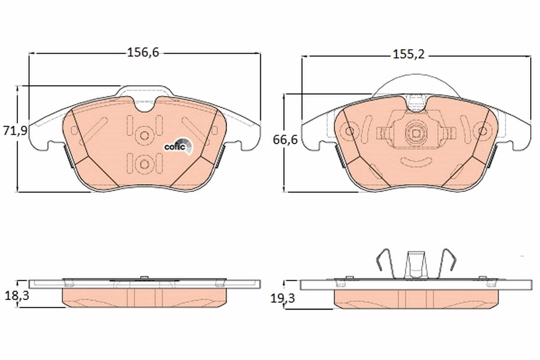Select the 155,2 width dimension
409,55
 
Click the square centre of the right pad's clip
415,133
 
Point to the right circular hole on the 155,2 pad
483,131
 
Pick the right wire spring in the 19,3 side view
447,263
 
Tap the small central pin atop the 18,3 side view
144,277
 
